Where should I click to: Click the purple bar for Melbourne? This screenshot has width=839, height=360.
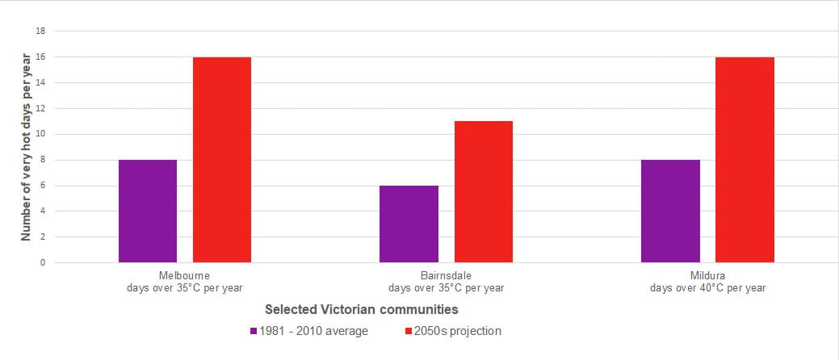tap(148, 211)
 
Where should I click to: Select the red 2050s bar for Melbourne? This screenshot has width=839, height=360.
tap(222, 160)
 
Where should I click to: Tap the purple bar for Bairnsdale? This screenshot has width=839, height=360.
tap(409, 224)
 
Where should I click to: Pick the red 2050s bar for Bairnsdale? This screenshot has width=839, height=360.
tap(483, 191)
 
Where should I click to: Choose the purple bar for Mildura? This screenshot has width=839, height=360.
tap(670, 211)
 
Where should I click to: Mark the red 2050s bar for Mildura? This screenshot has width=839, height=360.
tap(745, 160)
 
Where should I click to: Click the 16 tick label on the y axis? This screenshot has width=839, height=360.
tap(40, 57)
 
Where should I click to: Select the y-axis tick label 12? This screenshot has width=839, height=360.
tap(40, 108)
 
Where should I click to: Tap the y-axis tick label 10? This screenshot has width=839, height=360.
tap(40, 134)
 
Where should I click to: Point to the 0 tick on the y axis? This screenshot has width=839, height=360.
tap(43, 263)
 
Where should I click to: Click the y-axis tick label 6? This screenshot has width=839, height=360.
tap(43, 186)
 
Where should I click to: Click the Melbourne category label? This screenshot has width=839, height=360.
tap(184, 275)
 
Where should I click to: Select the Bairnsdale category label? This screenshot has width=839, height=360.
tap(446, 275)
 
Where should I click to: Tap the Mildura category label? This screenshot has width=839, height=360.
tap(707, 275)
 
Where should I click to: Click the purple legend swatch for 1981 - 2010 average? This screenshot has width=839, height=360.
tap(254, 331)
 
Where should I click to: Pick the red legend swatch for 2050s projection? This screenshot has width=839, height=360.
tap(408, 331)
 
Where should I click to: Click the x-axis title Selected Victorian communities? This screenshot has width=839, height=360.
tap(362, 309)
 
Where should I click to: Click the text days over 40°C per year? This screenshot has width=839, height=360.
tap(707, 287)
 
